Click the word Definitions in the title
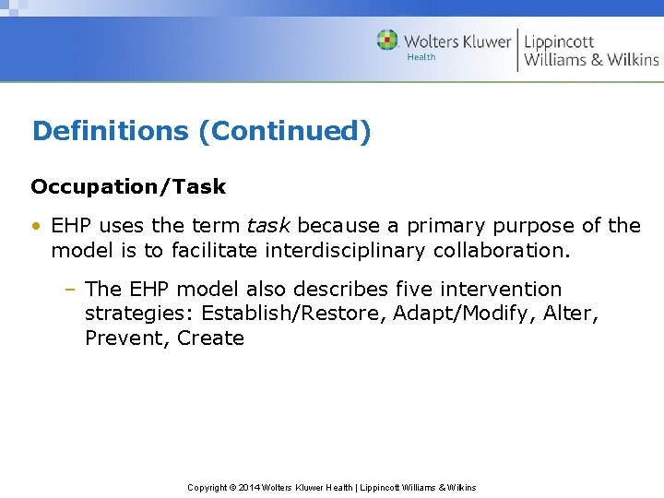111,131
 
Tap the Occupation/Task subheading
128,186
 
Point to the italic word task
268,226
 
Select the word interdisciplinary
353,250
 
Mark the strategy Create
210,338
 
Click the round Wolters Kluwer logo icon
387,41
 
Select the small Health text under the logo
421,57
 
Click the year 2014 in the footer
249,487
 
